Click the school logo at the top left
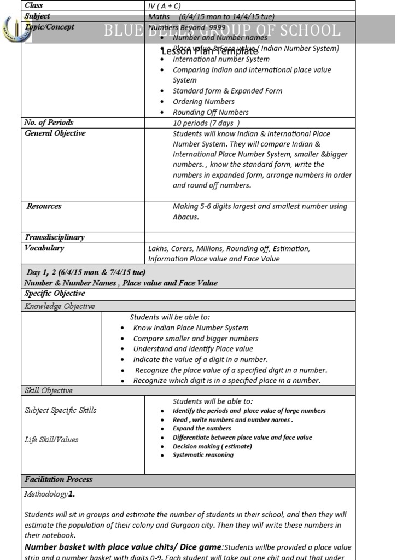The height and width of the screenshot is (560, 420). pos(14,29)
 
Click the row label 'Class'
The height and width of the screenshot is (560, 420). pos(34,5)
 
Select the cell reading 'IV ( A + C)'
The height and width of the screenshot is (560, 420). pos(165,6)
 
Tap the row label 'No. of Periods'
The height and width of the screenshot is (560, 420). pos(49,122)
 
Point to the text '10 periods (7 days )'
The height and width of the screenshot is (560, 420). pos(206,123)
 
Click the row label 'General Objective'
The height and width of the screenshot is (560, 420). pos(55,133)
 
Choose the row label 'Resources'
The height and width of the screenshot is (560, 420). pos(44,206)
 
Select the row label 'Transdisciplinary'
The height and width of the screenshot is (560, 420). pos(54,237)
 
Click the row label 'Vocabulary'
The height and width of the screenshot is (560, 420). pos(44,248)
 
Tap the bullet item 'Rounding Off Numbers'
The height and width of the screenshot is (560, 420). pos(211,112)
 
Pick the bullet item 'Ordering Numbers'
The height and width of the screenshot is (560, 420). pos(203,102)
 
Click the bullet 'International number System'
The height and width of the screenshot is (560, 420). pos(221,59)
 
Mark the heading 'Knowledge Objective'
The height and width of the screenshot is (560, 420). pos(60,306)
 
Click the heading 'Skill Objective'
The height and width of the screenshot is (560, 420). pos(48,390)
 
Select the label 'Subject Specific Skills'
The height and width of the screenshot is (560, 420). pos(60,410)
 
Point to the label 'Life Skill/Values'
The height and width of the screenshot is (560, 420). pos(51,440)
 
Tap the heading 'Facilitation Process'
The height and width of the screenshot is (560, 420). pos(59,480)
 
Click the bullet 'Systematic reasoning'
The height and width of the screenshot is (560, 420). pos(203,455)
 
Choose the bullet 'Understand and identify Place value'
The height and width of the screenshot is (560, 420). pos(193,349)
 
